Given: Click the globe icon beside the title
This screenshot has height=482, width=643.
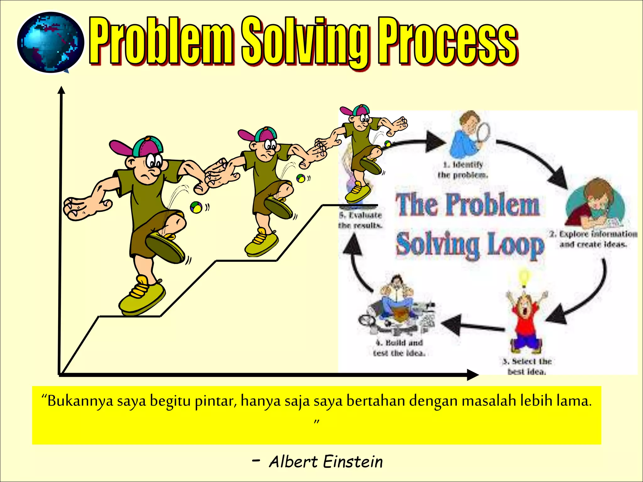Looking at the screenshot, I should [x=50, y=42].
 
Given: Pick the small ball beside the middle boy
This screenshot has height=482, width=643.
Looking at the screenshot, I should [x=300, y=178].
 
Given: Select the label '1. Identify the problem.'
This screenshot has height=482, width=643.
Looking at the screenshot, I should [x=463, y=170].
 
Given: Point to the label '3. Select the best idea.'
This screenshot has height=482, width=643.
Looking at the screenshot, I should [x=527, y=366].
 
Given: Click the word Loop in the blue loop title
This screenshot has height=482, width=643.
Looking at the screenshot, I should [x=515, y=245].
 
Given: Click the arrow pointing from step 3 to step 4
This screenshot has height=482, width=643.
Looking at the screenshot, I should [x=471, y=326].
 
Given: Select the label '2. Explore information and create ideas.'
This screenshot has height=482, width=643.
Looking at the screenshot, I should [x=593, y=239].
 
